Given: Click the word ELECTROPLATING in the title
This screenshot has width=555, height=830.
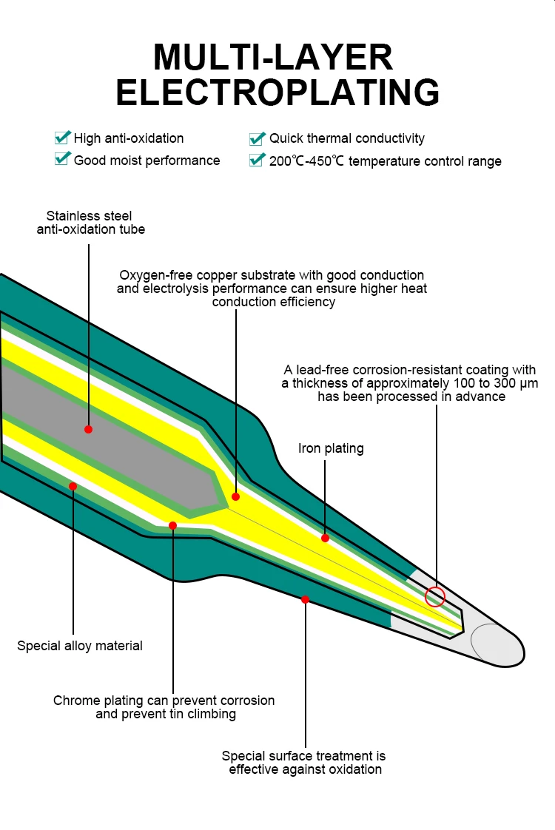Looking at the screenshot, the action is pos(277,92).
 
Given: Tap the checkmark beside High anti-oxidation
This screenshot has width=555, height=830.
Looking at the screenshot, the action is pos(62,137).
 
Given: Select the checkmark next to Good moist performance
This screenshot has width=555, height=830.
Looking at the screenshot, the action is pos(62,158).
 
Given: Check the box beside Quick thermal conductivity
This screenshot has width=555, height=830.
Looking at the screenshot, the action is pos(258,138).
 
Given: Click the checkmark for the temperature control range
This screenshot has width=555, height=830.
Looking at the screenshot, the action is pos(258,159).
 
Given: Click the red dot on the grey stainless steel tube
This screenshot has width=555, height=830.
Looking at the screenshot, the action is pos(89,429).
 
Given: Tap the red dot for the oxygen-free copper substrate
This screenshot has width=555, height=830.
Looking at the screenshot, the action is pos(235,496).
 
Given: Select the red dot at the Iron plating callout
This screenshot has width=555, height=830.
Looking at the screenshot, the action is pos(325,538).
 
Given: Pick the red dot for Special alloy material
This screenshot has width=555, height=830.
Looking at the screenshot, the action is pos(73,486).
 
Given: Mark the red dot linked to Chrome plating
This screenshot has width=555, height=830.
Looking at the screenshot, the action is pos(172,526).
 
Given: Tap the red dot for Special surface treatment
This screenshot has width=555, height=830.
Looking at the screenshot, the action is pos(305,599).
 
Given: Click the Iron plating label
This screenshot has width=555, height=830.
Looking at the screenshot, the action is pos(331,449).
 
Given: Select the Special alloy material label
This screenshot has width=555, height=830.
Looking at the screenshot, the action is pos(80,646).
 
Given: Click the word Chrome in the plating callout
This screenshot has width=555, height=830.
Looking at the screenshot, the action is pos(77,701).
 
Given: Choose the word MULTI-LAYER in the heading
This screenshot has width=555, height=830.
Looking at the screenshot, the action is pos(273,57).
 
